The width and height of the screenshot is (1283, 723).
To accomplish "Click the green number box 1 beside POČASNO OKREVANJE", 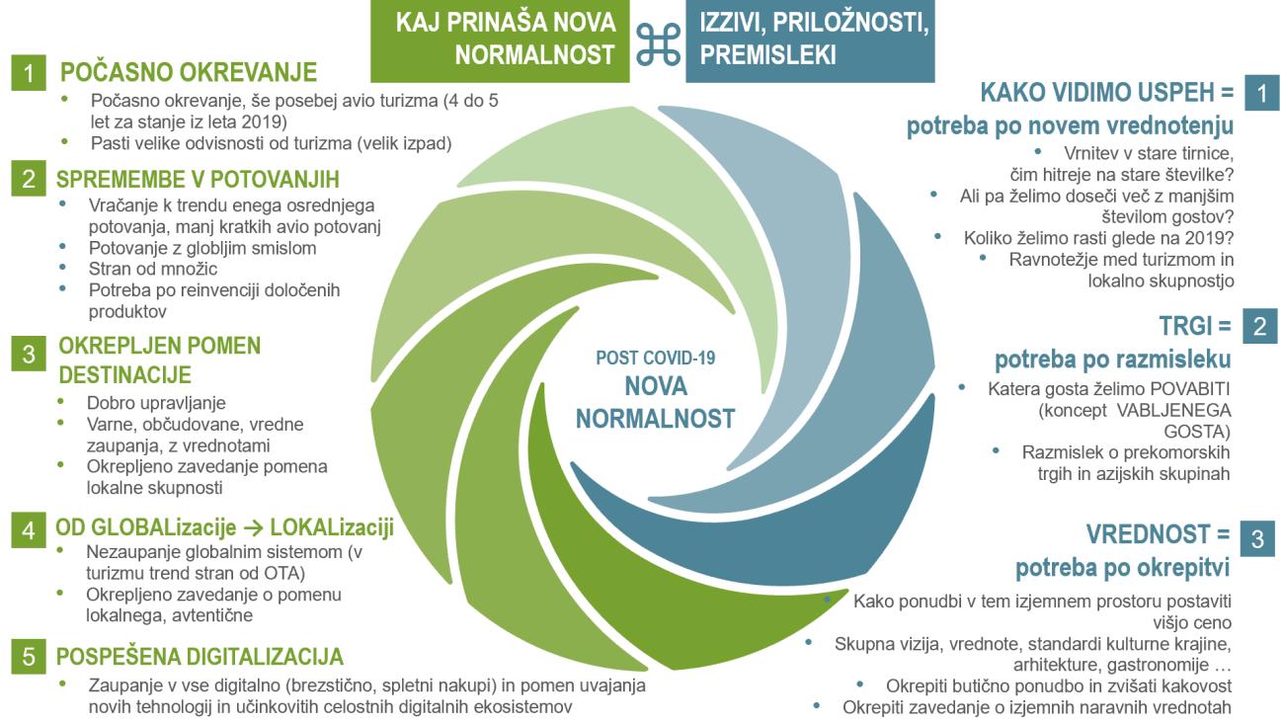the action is click(31, 73).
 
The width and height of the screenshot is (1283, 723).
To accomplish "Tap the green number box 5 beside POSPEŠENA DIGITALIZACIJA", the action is click(31, 657).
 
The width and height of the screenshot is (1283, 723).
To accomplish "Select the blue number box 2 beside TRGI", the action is click(1259, 327).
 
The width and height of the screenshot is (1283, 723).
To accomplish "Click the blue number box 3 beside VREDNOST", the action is click(1256, 539).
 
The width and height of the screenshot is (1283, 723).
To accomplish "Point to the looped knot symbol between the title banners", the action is click(657, 43).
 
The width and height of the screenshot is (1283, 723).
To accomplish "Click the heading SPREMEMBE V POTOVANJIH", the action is click(199, 180).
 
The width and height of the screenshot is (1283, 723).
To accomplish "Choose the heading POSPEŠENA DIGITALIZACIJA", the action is click(200, 657).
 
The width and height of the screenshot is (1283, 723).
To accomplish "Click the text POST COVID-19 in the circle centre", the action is click(655, 358).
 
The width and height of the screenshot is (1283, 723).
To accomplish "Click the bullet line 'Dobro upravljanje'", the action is click(157, 403).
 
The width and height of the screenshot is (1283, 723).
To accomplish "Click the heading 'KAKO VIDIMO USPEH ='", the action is click(1106, 93).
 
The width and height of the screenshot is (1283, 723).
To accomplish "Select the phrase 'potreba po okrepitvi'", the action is click(1122, 570).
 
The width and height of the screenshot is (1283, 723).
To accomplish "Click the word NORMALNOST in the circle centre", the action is click(655, 419).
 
